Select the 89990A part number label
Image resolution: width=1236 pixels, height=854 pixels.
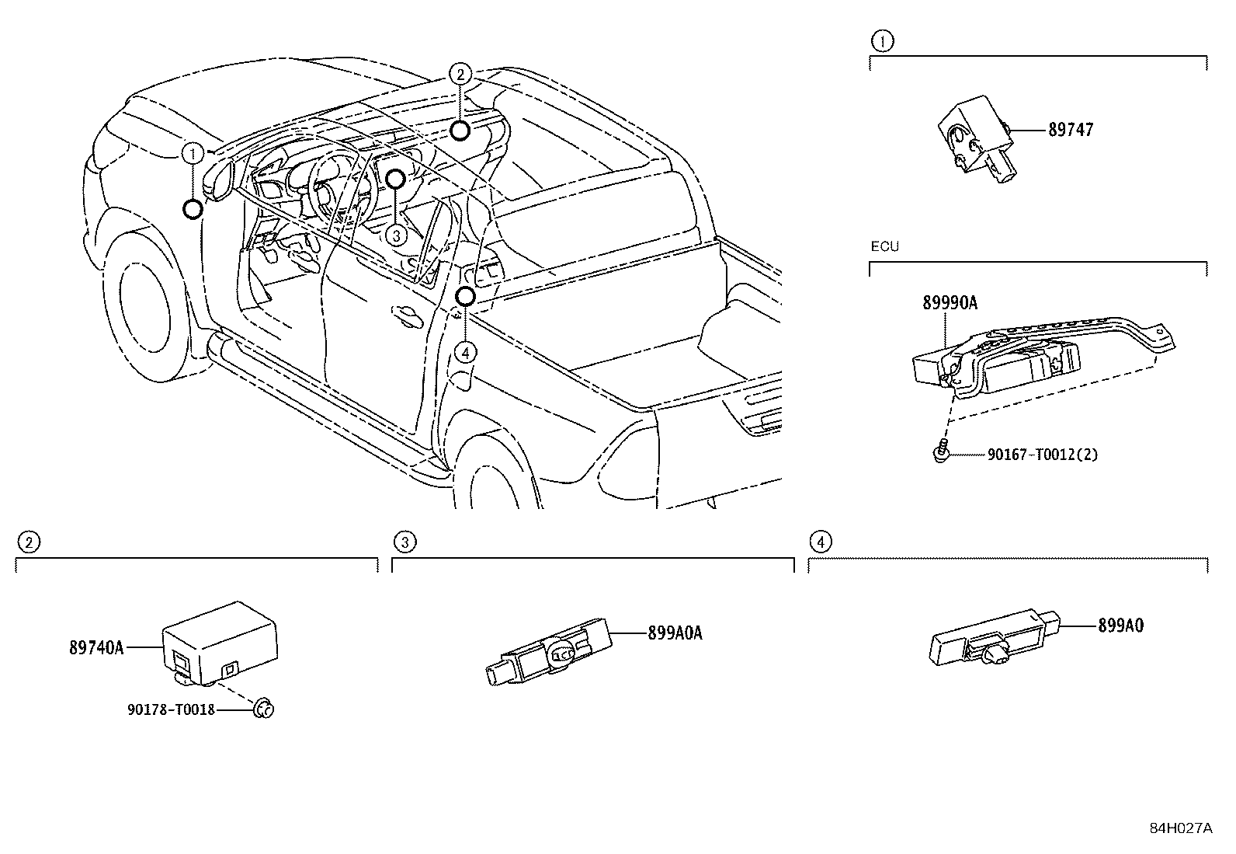[949, 303]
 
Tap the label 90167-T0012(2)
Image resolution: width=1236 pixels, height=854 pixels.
[1042, 455]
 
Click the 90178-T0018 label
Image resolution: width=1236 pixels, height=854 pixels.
[171, 709]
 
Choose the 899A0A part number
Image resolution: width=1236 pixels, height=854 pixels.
[675, 633]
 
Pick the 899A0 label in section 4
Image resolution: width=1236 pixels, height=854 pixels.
[1120, 625]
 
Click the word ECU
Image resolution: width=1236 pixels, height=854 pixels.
[884, 246]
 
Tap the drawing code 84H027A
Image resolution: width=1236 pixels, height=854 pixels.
[1180, 828]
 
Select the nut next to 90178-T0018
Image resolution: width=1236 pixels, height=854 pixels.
[264, 708]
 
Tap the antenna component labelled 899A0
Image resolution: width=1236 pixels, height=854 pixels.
[994, 642]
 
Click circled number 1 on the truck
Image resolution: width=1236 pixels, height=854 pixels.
[193, 154]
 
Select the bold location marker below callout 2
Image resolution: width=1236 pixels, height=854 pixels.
[460, 130]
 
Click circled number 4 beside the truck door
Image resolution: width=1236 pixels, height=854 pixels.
[464, 353]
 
